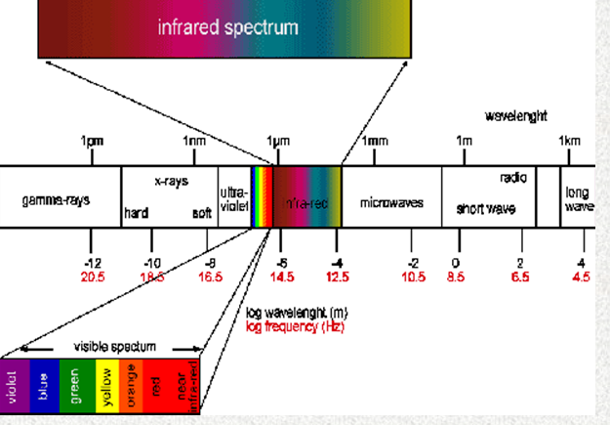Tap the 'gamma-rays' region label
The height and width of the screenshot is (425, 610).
pos(56,200)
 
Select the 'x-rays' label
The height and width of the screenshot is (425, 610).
pos(171,182)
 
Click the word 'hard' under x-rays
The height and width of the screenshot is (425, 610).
pos(136,213)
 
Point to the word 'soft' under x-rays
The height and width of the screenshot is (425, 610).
pos(202,213)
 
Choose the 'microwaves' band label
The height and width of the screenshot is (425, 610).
pos(391,203)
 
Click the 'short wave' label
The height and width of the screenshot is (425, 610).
pos(485,209)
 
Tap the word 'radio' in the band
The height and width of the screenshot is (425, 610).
pos(512,180)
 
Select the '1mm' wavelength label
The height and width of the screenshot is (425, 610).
pos(375,143)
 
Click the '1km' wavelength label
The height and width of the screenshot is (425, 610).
pos(569,143)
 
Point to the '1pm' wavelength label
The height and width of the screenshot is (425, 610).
pos(92,143)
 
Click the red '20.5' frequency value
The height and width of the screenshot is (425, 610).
pos(93,277)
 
